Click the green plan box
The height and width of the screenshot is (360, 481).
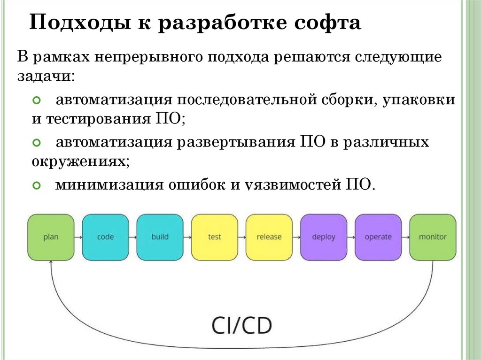click(51, 237)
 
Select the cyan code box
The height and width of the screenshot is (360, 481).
click(105, 237)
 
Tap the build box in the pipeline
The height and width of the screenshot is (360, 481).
click(160, 237)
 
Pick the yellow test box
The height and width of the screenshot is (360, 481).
click(214, 237)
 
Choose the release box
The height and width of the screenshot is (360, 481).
click(269, 237)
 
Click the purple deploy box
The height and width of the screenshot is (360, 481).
click(324, 237)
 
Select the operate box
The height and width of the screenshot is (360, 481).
click(378, 237)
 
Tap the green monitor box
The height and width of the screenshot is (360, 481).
click(433, 237)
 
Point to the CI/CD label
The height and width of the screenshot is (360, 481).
click(240, 324)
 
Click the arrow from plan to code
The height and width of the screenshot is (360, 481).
click(78, 237)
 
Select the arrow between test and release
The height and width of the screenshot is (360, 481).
click(241, 237)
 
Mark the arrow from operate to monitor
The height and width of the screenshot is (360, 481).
click(405, 237)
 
